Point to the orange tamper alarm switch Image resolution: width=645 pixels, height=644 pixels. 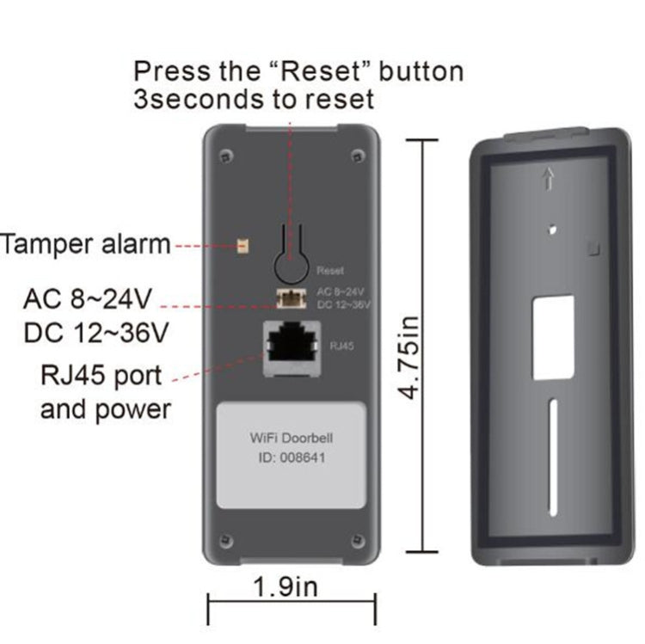243,246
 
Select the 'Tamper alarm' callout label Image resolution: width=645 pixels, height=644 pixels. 85,244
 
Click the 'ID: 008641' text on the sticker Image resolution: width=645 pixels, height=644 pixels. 292,457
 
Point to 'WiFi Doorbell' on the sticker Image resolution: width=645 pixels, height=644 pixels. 292,439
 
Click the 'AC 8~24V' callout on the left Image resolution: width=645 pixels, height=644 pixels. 89,300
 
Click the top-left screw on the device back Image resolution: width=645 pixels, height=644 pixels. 224,156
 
